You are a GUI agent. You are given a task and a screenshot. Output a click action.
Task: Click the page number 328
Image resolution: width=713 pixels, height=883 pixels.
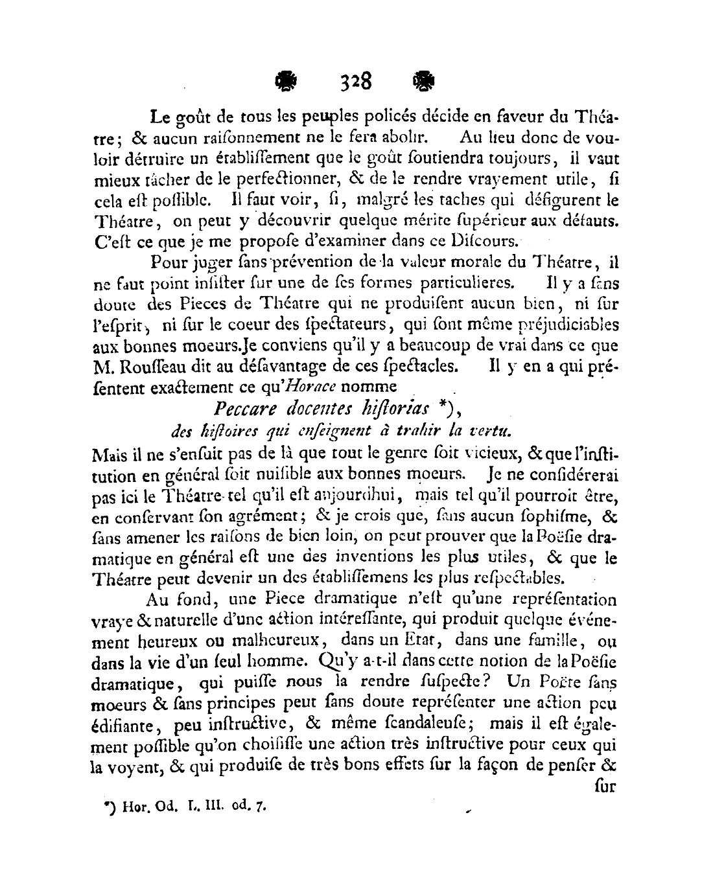[x=355, y=82]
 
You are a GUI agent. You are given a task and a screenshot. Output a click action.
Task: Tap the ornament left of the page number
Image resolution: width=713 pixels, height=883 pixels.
[x=286, y=82]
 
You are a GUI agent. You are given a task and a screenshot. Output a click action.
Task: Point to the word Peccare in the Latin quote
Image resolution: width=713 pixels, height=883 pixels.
[x=243, y=409]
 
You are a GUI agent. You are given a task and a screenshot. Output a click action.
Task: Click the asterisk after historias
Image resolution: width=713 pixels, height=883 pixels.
[x=439, y=407]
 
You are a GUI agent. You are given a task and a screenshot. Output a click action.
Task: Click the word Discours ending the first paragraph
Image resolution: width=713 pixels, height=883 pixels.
[x=485, y=242]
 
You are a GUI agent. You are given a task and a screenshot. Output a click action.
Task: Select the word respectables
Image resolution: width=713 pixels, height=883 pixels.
[x=515, y=577]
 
